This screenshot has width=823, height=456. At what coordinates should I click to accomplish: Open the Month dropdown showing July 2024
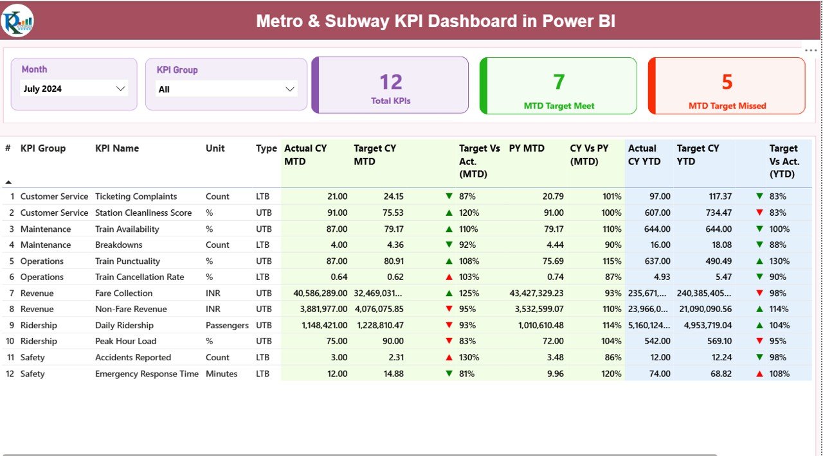click(x=74, y=89)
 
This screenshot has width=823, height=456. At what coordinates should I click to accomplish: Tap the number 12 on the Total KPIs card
click(x=390, y=82)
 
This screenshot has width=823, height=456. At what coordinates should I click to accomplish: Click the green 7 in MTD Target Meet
click(x=559, y=82)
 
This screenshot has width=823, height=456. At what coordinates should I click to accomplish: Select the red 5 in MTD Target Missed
click(x=727, y=82)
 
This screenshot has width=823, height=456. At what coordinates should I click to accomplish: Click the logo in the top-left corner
click(x=18, y=21)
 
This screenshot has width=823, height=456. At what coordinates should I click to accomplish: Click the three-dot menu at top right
click(x=810, y=51)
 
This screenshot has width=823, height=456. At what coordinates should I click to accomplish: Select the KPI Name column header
click(x=117, y=148)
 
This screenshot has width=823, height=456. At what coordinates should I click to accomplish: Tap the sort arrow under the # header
click(x=8, y=182)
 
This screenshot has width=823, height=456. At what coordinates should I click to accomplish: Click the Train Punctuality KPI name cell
click(x=127, y=261)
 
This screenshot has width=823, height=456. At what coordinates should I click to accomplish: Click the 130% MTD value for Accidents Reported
click(x=469, y=358)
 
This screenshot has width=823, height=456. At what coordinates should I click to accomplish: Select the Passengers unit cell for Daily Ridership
click(x=226, y=326)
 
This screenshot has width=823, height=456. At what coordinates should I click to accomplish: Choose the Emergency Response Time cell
click(x=147, y=374)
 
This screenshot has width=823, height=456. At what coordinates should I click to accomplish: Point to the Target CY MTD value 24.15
click(x=390, y=197)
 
